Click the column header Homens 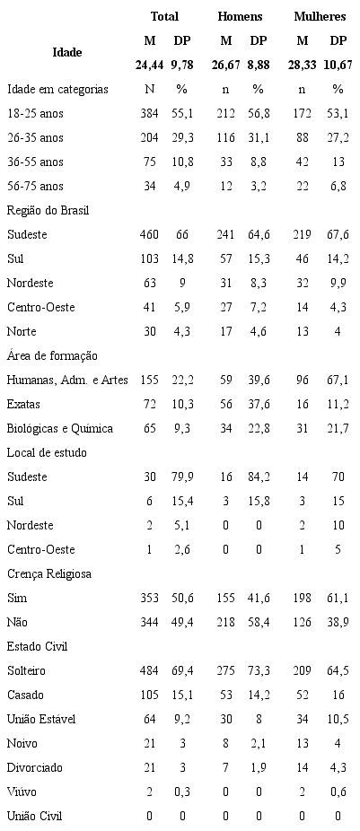click(x=240, y=16)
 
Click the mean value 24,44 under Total click(x=149, y=65)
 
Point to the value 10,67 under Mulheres click(x=338, y=65)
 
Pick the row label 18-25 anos click(x=35, y=114)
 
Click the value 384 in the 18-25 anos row click(x=149, y=114)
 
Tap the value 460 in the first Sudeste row click(x=149, y=234)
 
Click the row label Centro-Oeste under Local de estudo click(x=40, y=549)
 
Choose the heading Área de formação click(x=52, y=356)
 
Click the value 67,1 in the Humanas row click(x=338, y=381)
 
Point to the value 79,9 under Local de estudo click(x=182, y=477)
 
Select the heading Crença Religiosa click(x=50, y=573)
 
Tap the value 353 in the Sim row click(x=149, y=598)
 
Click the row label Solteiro click(x=27, y=670)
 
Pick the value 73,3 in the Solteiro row click(x=258, y=670)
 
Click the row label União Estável click(x=40, y=719)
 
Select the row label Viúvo click(x=22, y=792)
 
